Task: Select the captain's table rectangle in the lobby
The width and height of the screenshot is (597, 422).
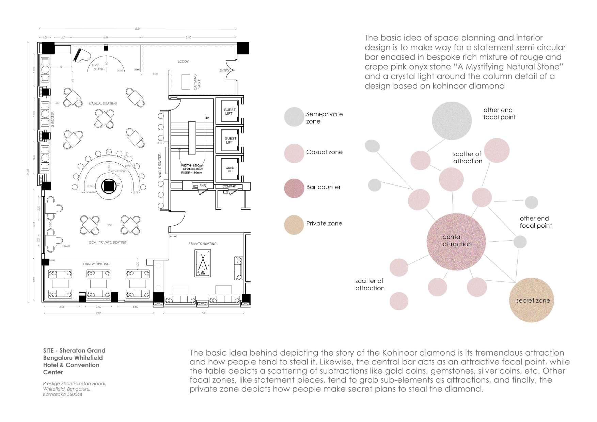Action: coord(186,82)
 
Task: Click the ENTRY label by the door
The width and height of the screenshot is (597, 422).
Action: coord(224,71)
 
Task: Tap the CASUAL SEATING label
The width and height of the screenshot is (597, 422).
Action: coord(103,103)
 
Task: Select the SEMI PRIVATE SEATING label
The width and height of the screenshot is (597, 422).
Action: coord(108,242)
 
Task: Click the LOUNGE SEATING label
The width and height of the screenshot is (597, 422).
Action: coord(95,264)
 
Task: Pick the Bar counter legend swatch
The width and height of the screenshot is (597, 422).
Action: coord(294,188)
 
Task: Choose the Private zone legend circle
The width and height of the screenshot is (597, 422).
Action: coord(294,225)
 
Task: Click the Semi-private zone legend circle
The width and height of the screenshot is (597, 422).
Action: coord(294,117)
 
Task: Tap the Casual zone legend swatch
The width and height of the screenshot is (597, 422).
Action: coord(294,153)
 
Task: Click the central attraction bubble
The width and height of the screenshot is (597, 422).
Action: coord(456,241)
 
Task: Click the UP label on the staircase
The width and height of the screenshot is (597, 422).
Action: coord(207,118)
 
